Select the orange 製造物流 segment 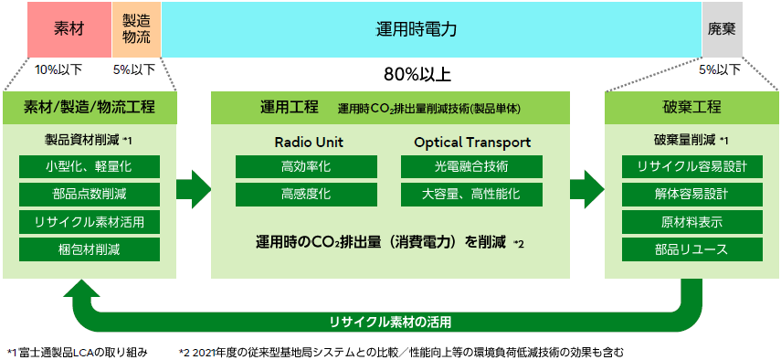coord(137,29)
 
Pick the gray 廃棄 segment coord(721,29)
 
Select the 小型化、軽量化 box coord(90,167)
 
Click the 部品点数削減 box coord(90,195)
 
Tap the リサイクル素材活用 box coord(90,222)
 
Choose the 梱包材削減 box coord(90,249)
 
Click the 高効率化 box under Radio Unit coord(306,167)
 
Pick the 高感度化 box coord(306,195)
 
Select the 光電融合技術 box coord(472,167)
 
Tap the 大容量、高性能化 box coord(472,195)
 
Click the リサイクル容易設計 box coord(691,167)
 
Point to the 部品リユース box coord(691,249)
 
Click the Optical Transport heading coord(472,143)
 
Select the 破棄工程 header coord(691,107)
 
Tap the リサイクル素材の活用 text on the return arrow coord(390,322)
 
